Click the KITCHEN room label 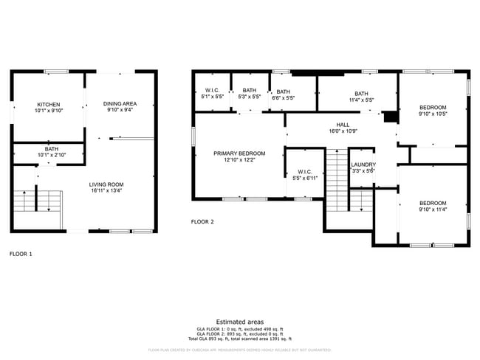click(x=49, y=105)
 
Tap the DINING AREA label click(x=119, y=104)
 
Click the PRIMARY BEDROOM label click(x=239, y=153)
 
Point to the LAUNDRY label click(x=363, y=165)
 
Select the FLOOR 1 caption click(x=21, y=254)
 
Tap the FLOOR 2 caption click(x=202, y=221)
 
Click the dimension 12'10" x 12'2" click(x=239, y=159)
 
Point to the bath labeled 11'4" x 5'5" click(x=361, y=94)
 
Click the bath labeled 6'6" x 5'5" click(x=284, y=94)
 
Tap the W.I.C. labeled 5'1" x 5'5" click(x=213, y=94)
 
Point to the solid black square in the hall click(x=391, y=117)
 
